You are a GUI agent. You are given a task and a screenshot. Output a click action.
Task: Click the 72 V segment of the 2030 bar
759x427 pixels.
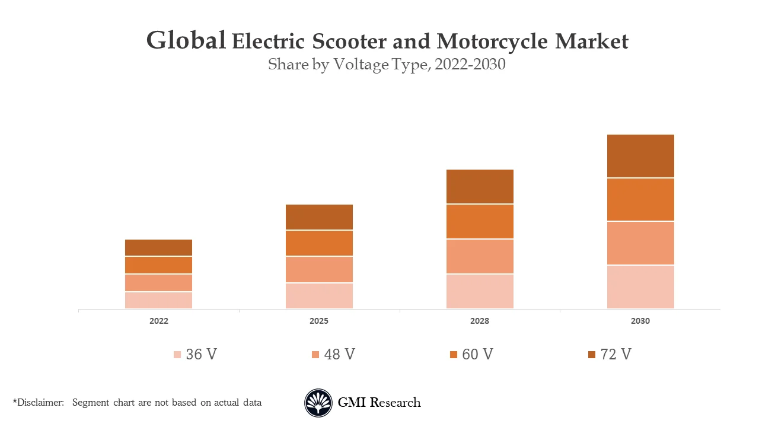point(640,156)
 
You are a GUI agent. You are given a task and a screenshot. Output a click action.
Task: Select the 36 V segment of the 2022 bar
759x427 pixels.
point(158,300)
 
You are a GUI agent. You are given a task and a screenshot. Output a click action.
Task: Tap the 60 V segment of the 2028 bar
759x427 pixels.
point(480,222)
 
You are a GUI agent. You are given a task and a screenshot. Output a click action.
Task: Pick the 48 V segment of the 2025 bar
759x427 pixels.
point(319,269)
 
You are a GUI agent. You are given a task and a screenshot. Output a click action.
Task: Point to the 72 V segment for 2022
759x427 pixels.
point(158,247)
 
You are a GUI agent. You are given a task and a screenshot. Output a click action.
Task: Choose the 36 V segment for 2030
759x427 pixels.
point(640,287)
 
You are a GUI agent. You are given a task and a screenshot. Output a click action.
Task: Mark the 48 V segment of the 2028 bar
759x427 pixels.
point(480,256)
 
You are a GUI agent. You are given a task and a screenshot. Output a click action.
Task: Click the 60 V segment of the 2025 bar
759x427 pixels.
point(319,243)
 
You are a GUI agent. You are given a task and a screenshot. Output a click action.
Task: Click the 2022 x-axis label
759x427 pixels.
point(158,321)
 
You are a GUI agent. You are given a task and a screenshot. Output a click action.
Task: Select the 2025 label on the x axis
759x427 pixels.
point(319,321)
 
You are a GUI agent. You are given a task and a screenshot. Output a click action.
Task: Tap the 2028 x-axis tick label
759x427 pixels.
point(480,321)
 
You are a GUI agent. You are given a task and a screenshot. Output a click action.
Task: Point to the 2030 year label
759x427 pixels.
point(640,321)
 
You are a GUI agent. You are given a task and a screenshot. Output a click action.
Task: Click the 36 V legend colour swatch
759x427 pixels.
point(177,355)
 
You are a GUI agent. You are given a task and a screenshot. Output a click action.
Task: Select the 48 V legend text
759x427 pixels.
point(339,354)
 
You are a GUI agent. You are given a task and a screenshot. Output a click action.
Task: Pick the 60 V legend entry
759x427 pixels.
point(471,354)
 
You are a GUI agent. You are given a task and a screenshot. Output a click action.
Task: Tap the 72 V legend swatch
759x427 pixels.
point(591,355)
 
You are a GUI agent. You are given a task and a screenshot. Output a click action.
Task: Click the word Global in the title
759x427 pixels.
point(186,41)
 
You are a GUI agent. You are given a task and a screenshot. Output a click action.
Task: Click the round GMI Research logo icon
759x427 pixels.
point(318,403)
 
